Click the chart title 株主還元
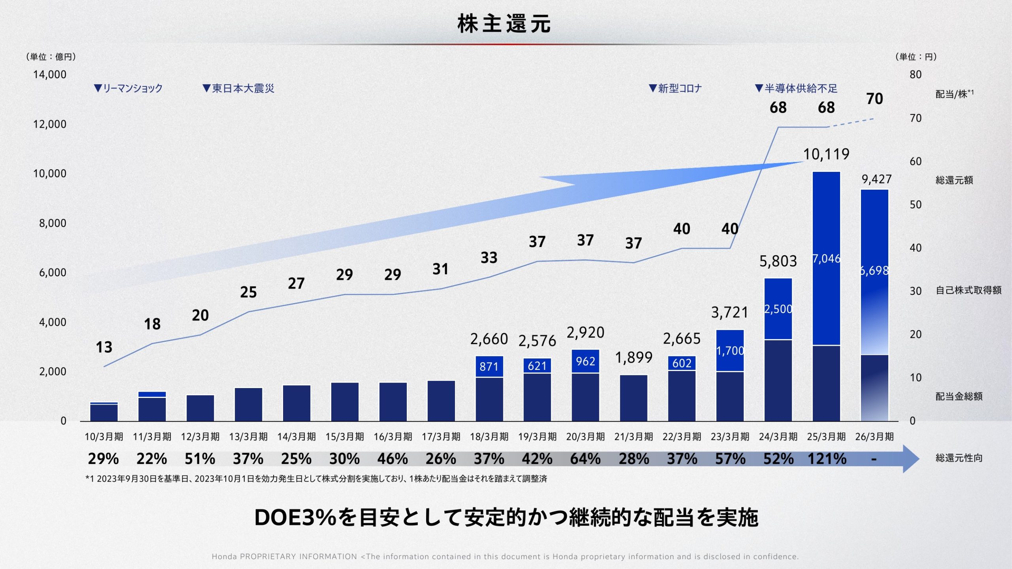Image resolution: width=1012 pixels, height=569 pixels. (x=504, y=24)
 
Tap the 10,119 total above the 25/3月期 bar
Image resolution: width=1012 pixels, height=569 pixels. (x=826, y=154)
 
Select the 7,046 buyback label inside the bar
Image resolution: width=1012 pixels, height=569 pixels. (x=826, y=259)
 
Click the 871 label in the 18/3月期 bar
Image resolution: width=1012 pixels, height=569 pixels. (x=489, y=367)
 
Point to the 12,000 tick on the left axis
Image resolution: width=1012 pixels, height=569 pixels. (x=50, y=124)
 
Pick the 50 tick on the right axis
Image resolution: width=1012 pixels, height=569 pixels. (x=916, y=205)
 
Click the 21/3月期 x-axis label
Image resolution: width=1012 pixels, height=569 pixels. (x=634, y=437)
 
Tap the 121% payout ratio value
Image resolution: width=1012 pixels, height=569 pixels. (x=827, y=459)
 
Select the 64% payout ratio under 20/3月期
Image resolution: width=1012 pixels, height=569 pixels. (x=585, y=459)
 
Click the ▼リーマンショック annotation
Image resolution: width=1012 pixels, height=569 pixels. (x=128, y=88)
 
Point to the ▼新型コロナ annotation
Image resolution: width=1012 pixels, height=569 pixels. (x=676, y=88)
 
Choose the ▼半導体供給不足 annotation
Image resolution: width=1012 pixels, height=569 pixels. (x=796, y=88)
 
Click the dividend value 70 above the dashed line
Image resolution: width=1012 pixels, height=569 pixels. (x=874, y=99)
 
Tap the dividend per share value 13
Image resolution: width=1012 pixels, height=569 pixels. (x=104, y=347)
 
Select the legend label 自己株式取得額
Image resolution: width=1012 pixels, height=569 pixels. (x=969, y=290)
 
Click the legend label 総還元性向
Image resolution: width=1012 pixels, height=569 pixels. (x=959, y=458)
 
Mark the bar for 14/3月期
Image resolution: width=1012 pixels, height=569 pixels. (x=296, y=403)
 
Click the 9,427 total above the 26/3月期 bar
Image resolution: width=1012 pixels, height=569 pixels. (x=877, y=179)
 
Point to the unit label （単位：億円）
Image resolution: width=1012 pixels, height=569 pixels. (x=51, y=57)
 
